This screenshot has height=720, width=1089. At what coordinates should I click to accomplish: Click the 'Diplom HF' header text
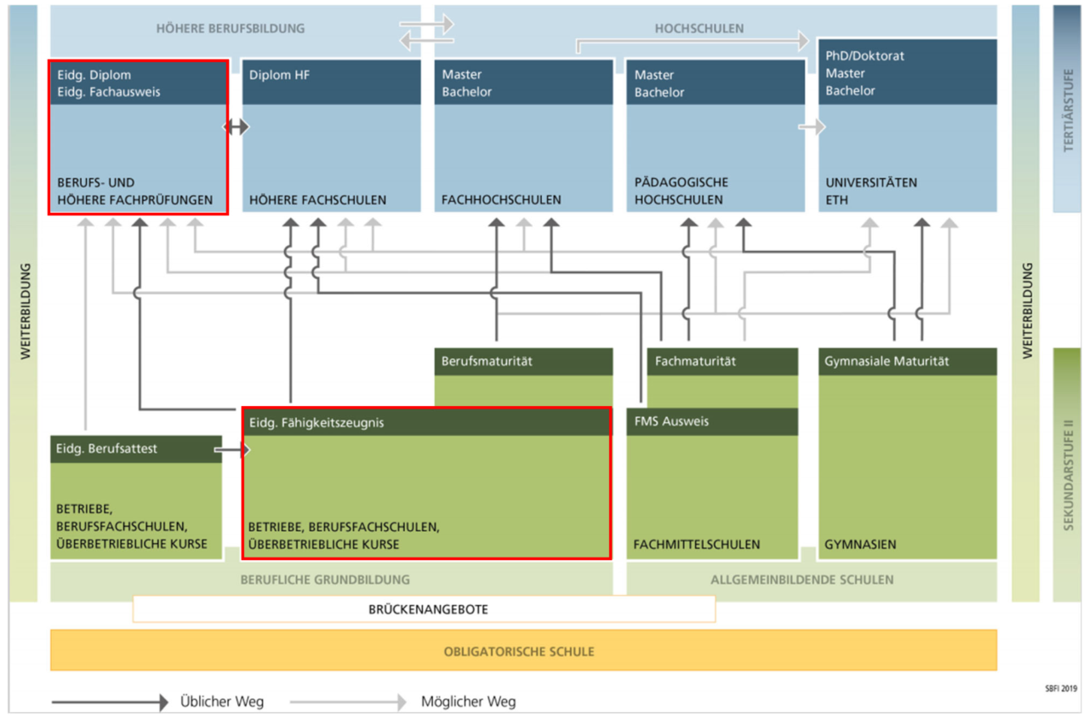279,75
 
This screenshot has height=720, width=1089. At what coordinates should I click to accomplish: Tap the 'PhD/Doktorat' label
864,56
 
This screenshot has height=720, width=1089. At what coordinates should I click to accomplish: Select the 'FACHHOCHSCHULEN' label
501,200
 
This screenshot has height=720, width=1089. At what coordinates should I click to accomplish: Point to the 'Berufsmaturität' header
487,362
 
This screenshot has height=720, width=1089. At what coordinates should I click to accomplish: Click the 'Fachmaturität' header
695,362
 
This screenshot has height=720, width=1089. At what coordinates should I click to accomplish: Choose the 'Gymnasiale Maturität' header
887,362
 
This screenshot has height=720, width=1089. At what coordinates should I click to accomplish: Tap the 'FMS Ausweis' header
671,421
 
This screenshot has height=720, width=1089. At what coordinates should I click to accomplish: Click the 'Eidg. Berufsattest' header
106,449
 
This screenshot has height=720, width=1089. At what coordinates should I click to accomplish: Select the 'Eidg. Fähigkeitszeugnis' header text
316,423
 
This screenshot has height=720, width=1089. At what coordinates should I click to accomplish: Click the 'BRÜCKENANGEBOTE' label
428,609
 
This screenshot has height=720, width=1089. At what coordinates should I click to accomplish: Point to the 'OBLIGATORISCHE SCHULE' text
519,652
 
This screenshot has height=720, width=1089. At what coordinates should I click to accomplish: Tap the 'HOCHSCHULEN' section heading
699,29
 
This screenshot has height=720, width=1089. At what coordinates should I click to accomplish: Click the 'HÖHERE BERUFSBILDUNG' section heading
231,29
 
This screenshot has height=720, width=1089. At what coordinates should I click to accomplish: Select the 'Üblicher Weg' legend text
222,701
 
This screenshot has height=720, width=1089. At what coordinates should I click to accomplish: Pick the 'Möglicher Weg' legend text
468,701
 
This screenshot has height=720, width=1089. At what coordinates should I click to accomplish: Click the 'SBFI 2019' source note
1061,689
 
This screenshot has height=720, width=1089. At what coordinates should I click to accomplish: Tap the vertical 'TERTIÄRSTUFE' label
1068,110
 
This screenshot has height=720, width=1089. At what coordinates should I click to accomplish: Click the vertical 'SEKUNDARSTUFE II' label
1068,475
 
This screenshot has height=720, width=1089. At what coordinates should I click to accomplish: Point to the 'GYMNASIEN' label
860,545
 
